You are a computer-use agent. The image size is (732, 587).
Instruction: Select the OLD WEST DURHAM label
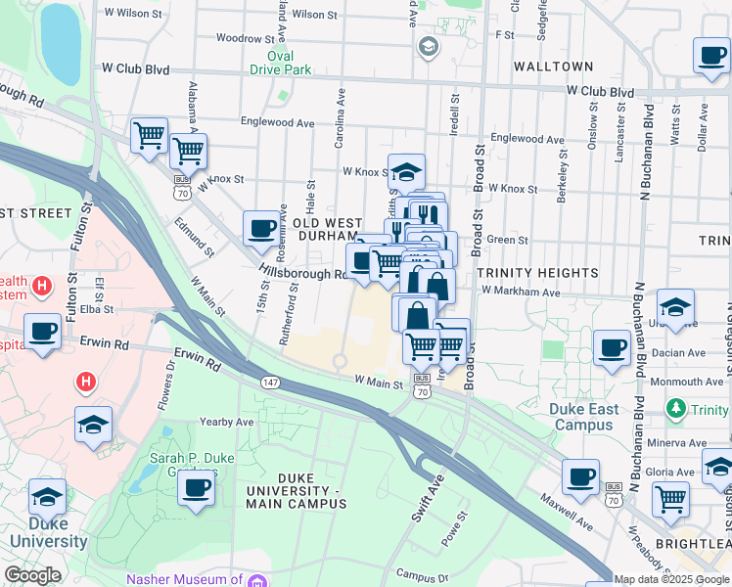coord(328,230)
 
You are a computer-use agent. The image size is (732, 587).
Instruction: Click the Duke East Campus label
coord(586,417)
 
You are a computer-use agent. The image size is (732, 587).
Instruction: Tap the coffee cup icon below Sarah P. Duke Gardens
coord(196,487)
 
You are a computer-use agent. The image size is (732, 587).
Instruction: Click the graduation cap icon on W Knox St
coord(406,173)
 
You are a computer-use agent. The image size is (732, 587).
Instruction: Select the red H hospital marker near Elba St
coord(40,287)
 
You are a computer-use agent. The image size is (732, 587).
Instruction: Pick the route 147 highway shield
coord(269,380)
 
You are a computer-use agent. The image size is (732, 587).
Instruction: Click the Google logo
coord(32,575)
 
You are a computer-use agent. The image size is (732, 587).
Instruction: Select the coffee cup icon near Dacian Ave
coord(613,347)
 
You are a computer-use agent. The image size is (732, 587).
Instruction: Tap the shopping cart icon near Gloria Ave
coord(671,498)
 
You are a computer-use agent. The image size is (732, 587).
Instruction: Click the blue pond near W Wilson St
coord(60,44)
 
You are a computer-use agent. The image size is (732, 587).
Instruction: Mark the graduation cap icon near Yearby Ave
coord(93,425)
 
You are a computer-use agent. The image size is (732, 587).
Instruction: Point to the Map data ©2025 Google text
coord(672,579)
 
